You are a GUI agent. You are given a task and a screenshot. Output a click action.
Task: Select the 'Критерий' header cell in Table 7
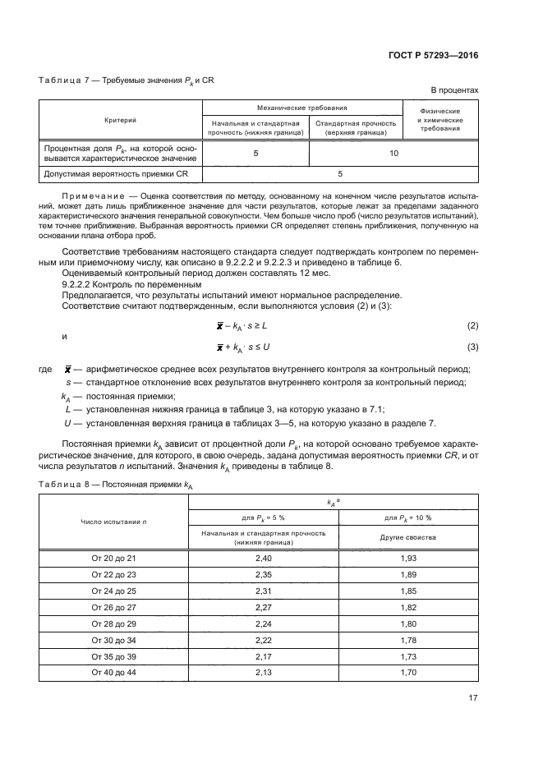pos(121,120)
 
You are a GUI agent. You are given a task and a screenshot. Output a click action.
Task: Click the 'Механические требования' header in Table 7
pos(301,108)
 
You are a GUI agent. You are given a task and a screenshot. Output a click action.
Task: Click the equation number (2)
pos(472,326)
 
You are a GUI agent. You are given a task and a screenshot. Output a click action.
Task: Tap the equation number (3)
pos(472,347)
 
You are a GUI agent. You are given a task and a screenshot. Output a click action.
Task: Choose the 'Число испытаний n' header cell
pos(113,522)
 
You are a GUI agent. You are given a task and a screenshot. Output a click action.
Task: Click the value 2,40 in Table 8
pos(264,558)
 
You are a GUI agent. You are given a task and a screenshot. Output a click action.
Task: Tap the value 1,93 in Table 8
pos(408,558)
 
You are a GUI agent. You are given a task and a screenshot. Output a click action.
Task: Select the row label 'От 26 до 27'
pos(113,607)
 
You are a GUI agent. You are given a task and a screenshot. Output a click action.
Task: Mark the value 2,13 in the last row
pos(264,673)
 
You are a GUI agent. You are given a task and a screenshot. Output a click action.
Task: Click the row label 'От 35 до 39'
pos(113,656)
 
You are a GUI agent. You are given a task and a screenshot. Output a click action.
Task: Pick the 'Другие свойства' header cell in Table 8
pos(408,537)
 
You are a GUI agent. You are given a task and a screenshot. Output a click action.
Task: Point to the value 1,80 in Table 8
pos(408,623)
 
